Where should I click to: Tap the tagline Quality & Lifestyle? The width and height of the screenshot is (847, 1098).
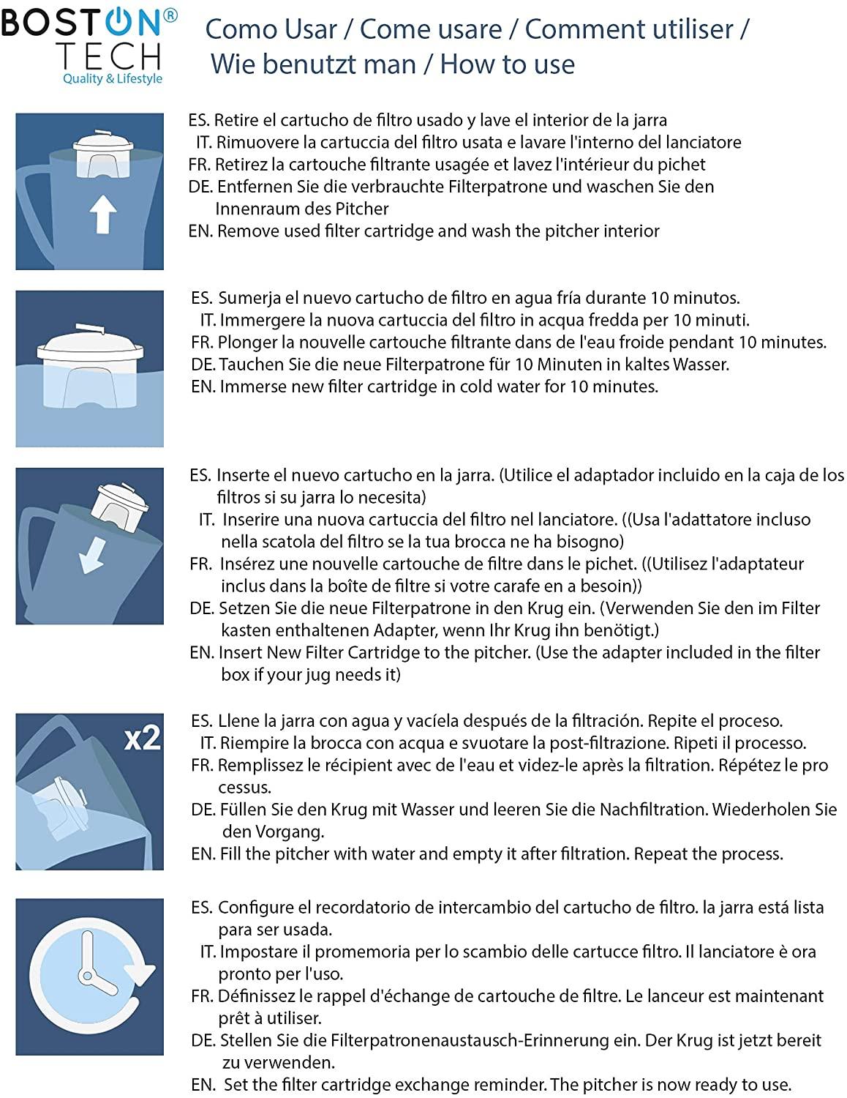point(113,78)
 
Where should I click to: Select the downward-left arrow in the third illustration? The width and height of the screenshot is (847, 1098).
point(93,555)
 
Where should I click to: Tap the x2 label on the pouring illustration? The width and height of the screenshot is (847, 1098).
point(142,738)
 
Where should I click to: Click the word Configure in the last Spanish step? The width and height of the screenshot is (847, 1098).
point(253,908)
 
